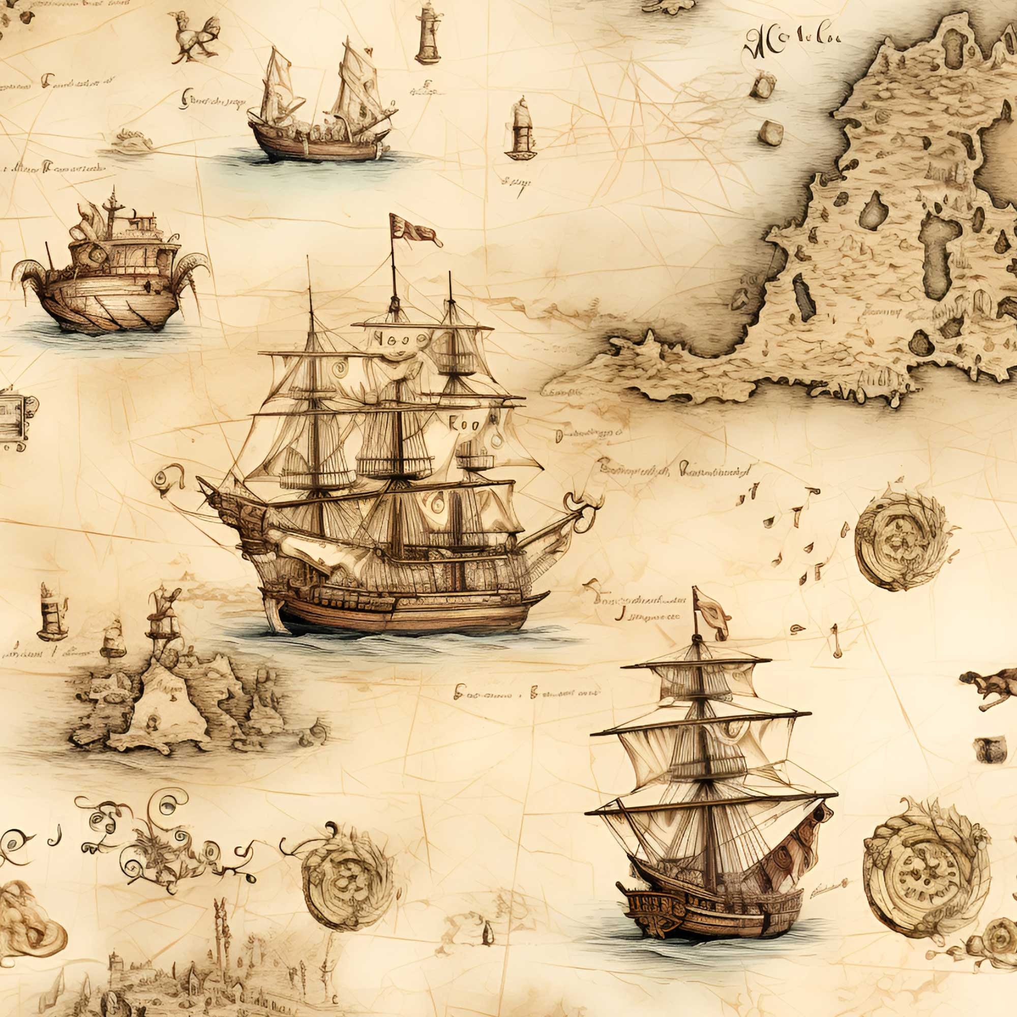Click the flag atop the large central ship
413,230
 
